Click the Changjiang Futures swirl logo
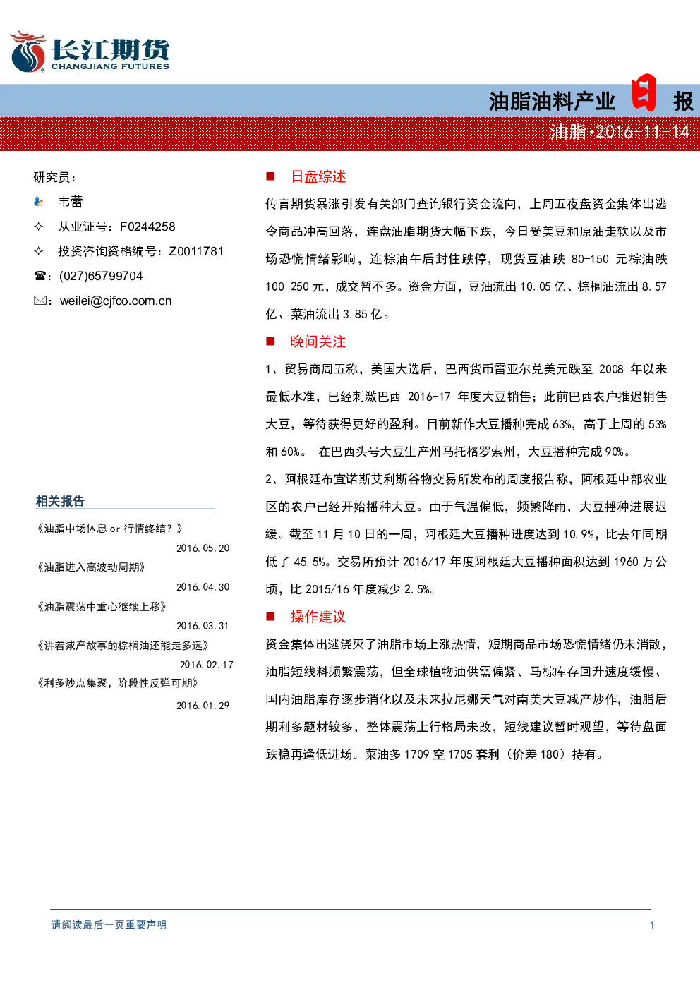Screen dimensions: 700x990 point(28,52)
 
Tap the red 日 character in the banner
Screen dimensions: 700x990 point(644,92)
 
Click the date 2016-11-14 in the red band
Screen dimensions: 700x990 point(642,132)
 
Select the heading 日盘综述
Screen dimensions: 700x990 point(318,177)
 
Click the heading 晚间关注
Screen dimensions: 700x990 point(318,342)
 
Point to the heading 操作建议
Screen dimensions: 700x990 point(318,617)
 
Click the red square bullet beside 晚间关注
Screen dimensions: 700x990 point(270,342)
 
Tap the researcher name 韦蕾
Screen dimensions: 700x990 point(71,202)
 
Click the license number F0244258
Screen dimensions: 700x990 point(147,227)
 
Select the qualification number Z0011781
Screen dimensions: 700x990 point(196,251)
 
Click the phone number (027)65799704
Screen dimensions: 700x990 point(101,276)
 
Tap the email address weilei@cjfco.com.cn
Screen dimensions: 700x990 point(116,301)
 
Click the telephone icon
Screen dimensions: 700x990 point(40,276)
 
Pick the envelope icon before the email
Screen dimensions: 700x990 point(40,301)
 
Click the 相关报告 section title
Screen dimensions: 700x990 point(60,501)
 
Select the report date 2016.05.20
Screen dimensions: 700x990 point(203,548)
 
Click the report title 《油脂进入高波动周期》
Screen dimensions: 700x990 point(91,567)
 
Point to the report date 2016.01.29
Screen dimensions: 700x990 point(203,706)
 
